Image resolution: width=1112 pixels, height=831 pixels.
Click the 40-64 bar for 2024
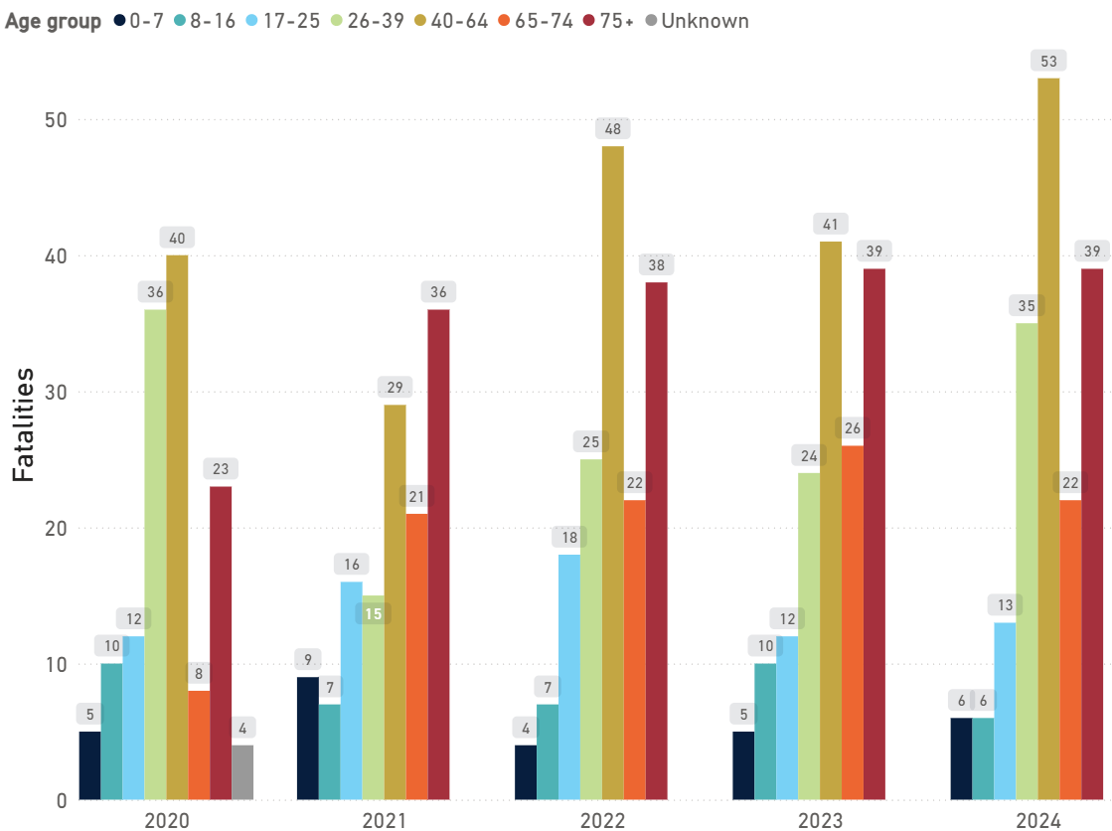[1048, 438]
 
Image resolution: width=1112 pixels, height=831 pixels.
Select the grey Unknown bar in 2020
[242, 772]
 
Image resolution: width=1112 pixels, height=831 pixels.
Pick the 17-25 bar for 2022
[568, 677]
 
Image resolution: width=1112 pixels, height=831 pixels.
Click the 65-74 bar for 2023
[852, 622]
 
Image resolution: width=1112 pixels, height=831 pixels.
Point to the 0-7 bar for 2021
[307, 739]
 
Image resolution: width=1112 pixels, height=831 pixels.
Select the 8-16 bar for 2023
[765, 732]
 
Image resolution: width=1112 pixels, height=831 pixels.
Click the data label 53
[1048, 61]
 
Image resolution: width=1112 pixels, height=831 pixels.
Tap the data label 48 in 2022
[612, 129]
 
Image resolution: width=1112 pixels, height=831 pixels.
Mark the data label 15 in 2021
[373, 613]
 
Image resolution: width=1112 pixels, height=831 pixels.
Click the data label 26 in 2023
[852, 428]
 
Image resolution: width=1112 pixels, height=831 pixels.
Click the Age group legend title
[53, 21]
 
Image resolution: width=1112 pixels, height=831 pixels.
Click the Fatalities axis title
[24, 424]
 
